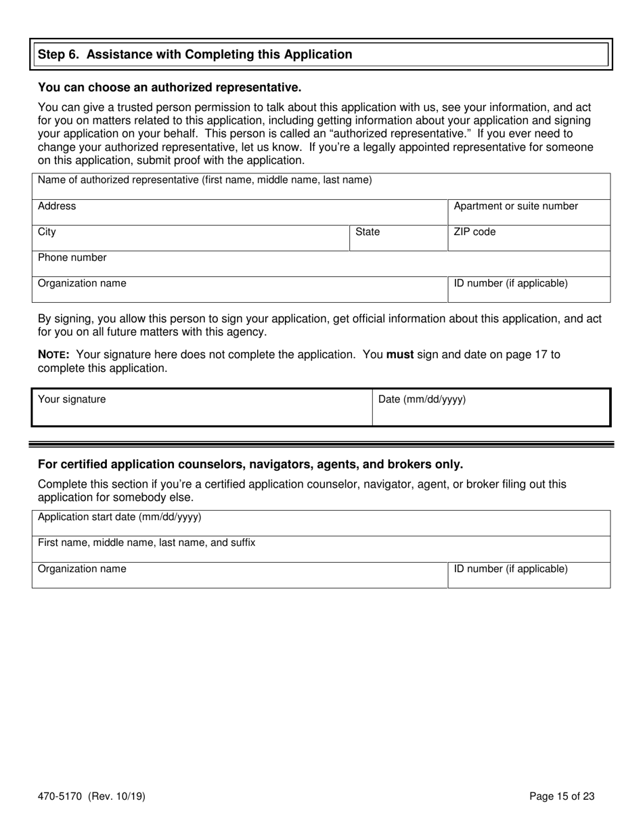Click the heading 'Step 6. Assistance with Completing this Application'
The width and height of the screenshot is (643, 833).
click(x=195, y=55)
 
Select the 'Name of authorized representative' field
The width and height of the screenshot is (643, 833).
click(x=321, y=187)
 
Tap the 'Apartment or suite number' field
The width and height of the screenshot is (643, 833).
click(x=529, y=213)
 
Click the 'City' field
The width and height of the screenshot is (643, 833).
click(x=190, y=238)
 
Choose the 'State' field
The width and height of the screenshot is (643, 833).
click(x=398, y=238)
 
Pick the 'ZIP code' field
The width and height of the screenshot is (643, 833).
click(x=529, y=238)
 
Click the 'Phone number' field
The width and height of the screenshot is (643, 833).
click(x=321, y=264)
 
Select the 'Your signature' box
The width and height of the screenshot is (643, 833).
click(x=202, y=408)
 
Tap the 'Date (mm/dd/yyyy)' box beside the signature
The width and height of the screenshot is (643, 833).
click(x=491, y=408)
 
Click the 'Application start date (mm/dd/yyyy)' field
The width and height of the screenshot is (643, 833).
click(x=321, y=524)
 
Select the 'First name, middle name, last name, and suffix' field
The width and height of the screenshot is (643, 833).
click(x=321, y=549)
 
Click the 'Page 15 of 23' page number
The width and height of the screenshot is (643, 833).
click(x=562, y=797)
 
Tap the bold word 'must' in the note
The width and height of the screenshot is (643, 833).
click(x=399, y=354)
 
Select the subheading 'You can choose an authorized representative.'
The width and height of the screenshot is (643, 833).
click(x=169, y=87)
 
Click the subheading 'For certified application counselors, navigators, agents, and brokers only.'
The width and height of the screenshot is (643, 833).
click(x=250, y=465)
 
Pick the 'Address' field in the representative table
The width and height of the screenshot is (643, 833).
click(x=240, y=213)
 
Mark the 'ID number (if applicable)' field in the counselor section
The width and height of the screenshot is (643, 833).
click(x=529, y=575)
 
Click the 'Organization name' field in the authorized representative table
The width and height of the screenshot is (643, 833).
click(x=240, y=290)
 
